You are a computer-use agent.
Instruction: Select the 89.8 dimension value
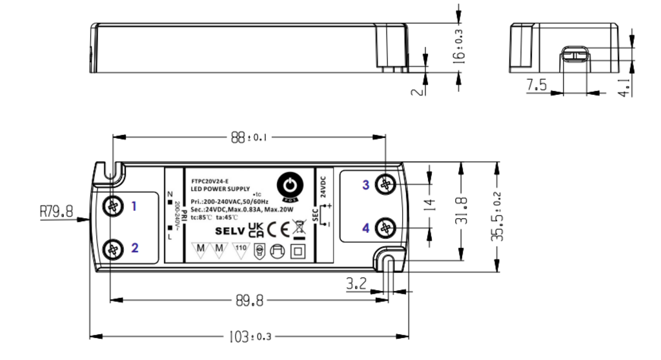pyautogui.click(x=249, y=300)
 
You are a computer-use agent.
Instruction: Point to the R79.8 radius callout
pyautogui.click(x=57, y=210)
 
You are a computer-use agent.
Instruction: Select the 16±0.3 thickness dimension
pyautogui.click(x=459, y=46)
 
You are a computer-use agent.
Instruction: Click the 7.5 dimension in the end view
pyautogui.click(x=536, y=85)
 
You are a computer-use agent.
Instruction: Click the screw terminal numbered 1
pyautogui.click(x=114, y=206)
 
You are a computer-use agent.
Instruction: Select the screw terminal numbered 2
pyautogui.click(x=114, y=248)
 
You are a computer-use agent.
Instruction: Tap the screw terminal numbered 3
pyautogui.click(x=386, y=185)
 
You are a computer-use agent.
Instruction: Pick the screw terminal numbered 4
pyautogui.click(x=386, y=227)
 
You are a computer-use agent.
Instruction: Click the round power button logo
pyautogui.click(x=289, y=186)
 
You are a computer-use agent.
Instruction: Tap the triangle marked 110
pyautogui.click(x=240, y=249)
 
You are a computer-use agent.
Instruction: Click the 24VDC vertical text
pyautogui.click(x=323, y=185)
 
